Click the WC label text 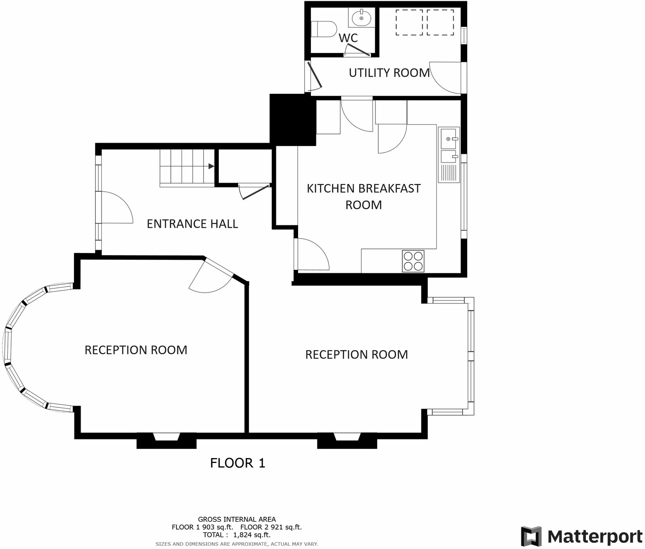coord(348,38)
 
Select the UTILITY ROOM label coord(389,73)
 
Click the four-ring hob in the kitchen coord(413,261)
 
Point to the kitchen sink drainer coord(449,173)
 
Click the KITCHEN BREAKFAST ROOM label coord(363,196)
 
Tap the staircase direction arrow coord(211,166)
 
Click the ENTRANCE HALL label coord(192,224)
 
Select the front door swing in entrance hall coord(116,208)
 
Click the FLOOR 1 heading coord(237,463)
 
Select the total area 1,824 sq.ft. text coord(236,535)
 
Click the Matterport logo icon coord(531,537)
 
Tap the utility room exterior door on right coord(446,78)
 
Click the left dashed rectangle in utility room coord(409,22)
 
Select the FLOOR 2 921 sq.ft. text coord(271,527)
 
